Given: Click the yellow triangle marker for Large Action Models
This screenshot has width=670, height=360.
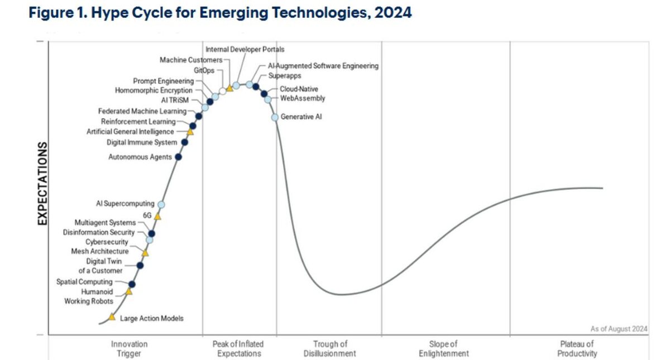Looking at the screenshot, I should (112, 317).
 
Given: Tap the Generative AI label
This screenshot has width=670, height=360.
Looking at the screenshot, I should (301, 117).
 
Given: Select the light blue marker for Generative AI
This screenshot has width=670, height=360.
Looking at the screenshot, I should (275, 117).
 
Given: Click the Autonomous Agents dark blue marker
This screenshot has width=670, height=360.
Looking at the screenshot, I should (178, 157).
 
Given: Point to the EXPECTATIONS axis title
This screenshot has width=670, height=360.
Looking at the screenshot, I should (42, 184).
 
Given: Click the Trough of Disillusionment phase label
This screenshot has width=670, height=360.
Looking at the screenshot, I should (330, 349).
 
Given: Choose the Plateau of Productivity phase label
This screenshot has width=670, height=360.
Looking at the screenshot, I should (577, 349).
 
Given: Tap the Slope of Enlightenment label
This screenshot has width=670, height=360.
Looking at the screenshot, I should (445, 349).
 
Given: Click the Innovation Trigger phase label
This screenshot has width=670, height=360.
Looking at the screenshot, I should (130, 349).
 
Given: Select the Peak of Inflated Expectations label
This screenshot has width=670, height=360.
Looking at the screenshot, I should (238, 349).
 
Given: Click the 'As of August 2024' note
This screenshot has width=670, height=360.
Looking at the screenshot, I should (619, 329).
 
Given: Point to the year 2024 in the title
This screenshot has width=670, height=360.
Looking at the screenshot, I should (394, 12).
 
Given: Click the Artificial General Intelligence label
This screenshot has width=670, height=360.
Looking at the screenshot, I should (130, 132).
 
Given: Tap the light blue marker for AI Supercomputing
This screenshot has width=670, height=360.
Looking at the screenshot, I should (161, 205).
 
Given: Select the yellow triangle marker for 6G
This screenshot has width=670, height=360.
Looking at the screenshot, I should (157, 216).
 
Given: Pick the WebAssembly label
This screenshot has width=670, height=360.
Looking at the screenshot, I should (303, 99).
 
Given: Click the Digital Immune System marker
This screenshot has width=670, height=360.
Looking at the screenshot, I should (185, 142).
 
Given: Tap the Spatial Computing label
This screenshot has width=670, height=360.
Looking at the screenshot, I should (84, 282).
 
